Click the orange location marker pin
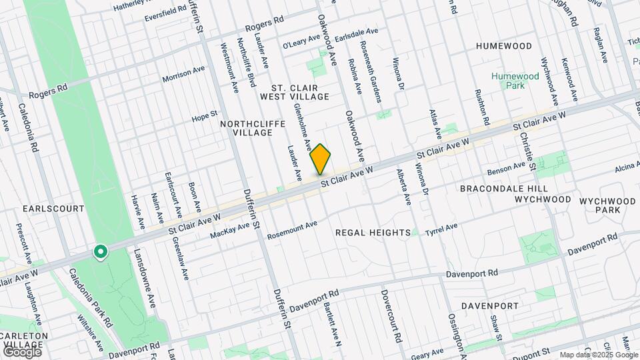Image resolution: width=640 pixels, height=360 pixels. pyautogui.click(x=321, y=159)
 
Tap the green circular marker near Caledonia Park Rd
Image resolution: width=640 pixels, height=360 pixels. pyautogui.click(x=101, y=252)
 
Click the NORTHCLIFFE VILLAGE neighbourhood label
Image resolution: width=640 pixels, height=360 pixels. pyautogui.click(x=246, y=127)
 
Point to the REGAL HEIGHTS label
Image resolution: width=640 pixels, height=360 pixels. pyautogui.click(x=372, y=233)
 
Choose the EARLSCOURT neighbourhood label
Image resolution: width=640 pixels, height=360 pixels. pyautogui.click(x=53, y=209)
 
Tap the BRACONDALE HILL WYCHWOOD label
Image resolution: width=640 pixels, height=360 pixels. pyautogui.click(x=515, y=194)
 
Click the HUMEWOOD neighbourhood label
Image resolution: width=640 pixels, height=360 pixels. pyautogui.click(x=504, y=46)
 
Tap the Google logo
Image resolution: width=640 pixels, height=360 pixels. pyautogui.click(x=22, y=351)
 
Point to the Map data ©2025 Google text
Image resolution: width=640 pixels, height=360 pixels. pyautogui.click(x=597, y=355)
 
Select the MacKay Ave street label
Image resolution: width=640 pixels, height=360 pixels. pyautogui.click(x=229, y=231)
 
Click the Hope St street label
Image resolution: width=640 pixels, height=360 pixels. pyautogui.click(x=205, y=117)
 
